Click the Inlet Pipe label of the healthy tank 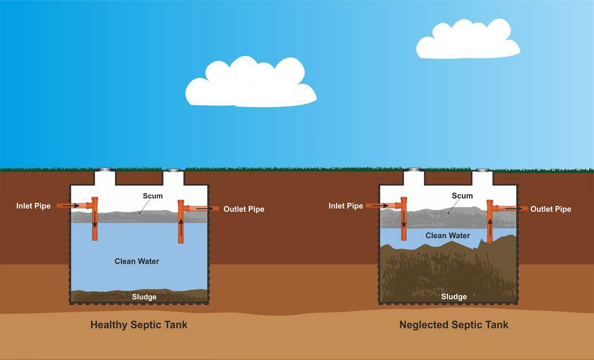[33, 206]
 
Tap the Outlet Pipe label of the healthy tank [244, 209]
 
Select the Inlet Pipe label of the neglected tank [346, 206]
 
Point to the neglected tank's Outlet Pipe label [551, 209]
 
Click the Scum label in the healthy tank [152, 196]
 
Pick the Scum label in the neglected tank [462, 196]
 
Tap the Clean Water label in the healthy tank [137, 261]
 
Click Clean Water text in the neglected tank [447, 236]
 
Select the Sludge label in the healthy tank [144, 297]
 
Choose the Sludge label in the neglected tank [454, 297]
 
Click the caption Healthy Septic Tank [139, 324]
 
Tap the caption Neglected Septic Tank [454, 324]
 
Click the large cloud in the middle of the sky [251, 84]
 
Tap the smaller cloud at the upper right [467, 40]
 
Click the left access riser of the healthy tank [106, 177]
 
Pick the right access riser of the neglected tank [483, 178]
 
